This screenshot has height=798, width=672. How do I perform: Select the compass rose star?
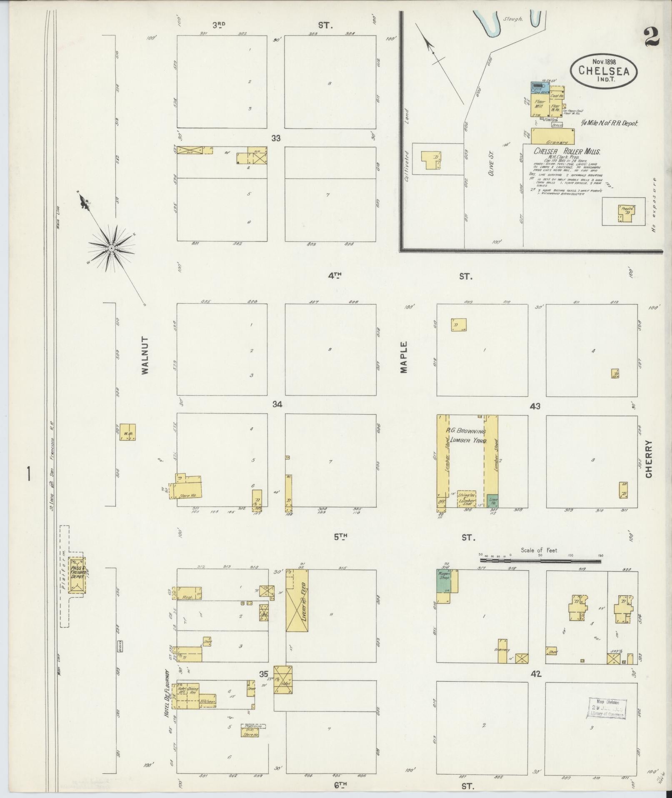coord(111,248)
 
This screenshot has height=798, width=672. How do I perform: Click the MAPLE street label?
coord(403,357)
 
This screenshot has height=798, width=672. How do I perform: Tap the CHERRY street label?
coord(648,459)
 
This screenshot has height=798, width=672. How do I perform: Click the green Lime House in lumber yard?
coord(493,500)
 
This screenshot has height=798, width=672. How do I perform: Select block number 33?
coord(276,138)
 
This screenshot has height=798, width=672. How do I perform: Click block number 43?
coord(535,406)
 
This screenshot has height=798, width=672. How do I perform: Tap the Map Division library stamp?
coord(607,707)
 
